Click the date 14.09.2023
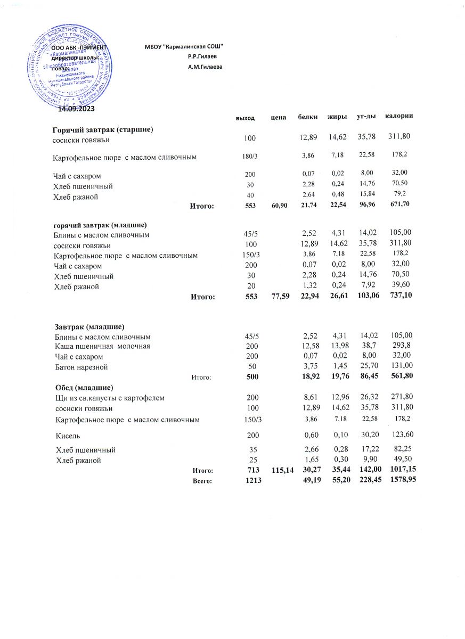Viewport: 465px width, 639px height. (x=76, y=109)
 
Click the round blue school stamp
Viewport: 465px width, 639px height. (x=70, y=65)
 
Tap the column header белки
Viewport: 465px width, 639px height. (x=308, y=117)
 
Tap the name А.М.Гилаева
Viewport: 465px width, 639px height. (x=205, y=67)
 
